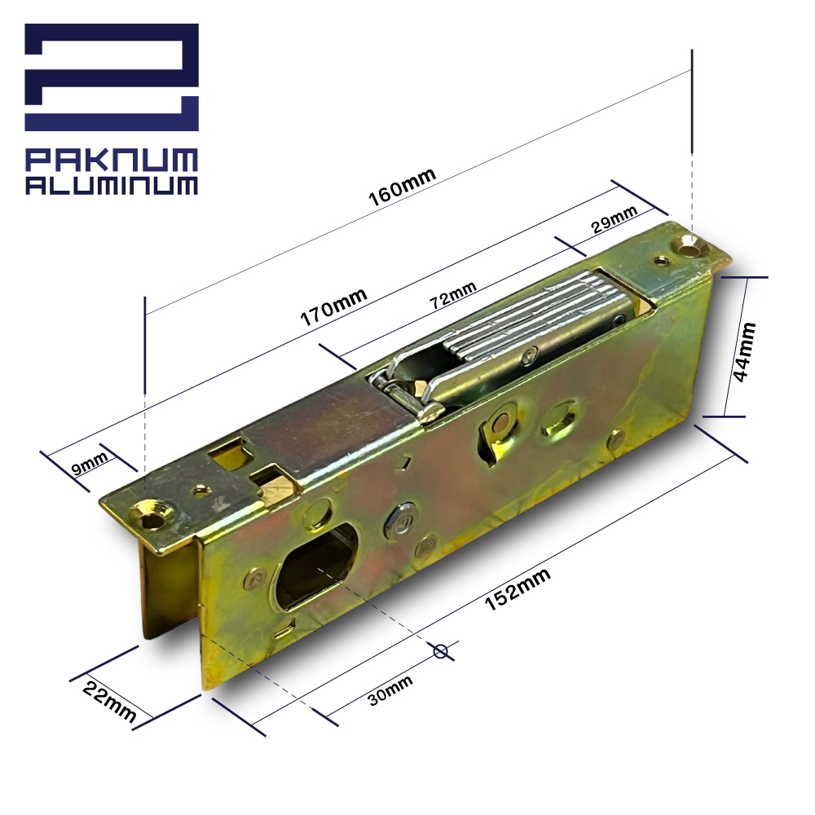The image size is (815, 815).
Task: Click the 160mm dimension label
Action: click(402, 187)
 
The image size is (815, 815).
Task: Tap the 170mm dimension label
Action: click(333, 307)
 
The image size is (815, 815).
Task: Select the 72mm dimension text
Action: click(452, 295)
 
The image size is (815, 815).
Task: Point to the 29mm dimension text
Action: click(614, 218)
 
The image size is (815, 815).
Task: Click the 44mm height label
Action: click(743, 352)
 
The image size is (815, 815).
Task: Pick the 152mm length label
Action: click(518, 589)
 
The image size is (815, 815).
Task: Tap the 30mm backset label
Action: click(390, 690)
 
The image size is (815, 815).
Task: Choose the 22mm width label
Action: click(110, 702)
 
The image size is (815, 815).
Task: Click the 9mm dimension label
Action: click(90, 463)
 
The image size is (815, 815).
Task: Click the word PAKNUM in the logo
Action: click(112, 160)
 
